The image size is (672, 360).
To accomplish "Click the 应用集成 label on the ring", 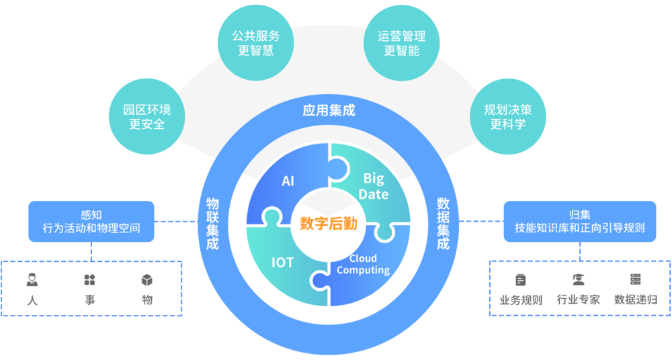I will pyautogui.click(x=329, y=111).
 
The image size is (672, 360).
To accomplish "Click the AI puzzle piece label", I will pyautogui.click(x=288, y=181).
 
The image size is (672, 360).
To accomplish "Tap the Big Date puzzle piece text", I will pyautogui.click(x=375, y=186).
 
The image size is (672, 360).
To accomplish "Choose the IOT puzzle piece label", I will pyautogui.click(x=282, y=262).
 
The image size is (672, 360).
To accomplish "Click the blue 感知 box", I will pyautogui.click(x=91, y=221).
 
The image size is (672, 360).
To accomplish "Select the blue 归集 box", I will pyautogui.click(x=579, y=221).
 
